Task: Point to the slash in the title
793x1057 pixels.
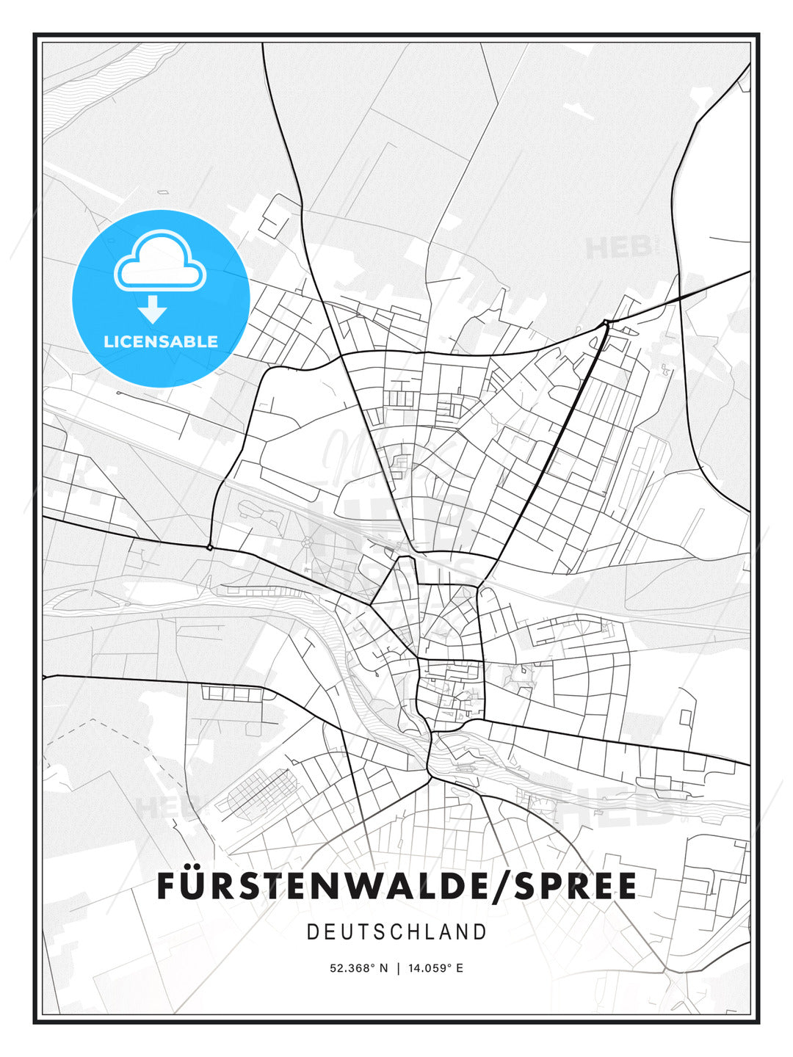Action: [500, 886]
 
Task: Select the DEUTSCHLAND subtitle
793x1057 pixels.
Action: [396, 932]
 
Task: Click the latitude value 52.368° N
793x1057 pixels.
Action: [358, 968]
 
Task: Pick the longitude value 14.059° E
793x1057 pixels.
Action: [436, 968]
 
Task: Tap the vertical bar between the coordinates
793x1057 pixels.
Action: [398, 968]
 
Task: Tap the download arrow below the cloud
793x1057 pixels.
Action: [153, 309]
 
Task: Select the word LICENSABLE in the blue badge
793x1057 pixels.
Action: [161, 341]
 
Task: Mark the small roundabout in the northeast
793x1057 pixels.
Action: [606, 322]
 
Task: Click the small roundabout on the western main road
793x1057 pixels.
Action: [210, 547]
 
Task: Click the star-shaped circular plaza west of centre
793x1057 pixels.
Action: [306, 542]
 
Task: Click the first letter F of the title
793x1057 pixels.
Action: [166, 886]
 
